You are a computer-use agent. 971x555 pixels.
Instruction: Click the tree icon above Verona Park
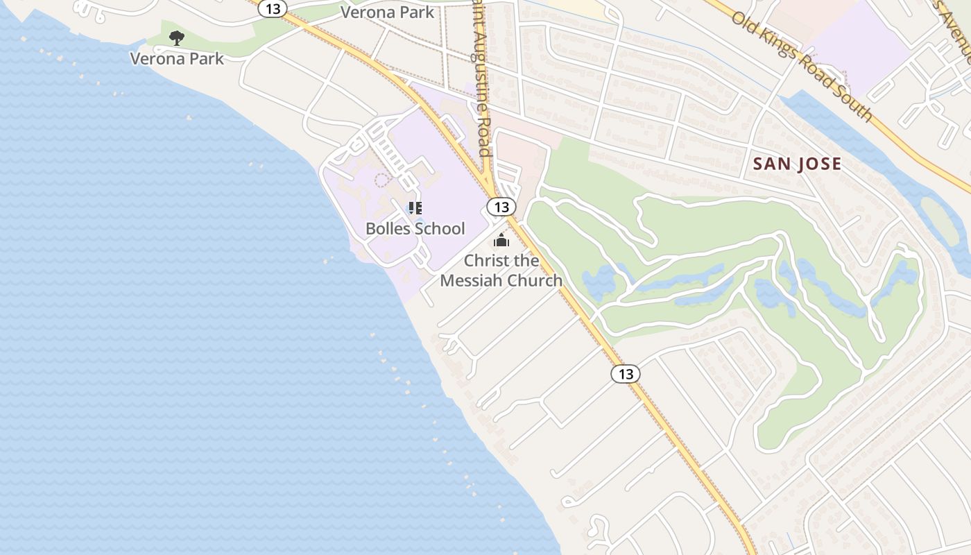(177, 37)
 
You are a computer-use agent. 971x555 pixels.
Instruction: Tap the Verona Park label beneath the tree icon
(177, 58)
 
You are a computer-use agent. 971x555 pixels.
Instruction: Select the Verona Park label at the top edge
(387, 12)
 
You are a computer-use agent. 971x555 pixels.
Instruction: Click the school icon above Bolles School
(415, 208)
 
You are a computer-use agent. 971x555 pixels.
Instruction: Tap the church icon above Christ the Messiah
(501, 241)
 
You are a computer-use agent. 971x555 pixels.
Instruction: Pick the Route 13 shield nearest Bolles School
(501, 207)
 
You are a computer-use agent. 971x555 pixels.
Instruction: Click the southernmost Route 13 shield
(625, 374)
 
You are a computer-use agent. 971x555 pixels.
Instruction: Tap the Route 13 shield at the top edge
(273, 8)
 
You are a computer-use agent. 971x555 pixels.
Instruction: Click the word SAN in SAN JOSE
(772, 164)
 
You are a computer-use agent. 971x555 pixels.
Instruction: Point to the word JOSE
(819, 164)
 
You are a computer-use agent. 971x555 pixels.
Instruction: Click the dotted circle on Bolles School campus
(381, 180)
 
